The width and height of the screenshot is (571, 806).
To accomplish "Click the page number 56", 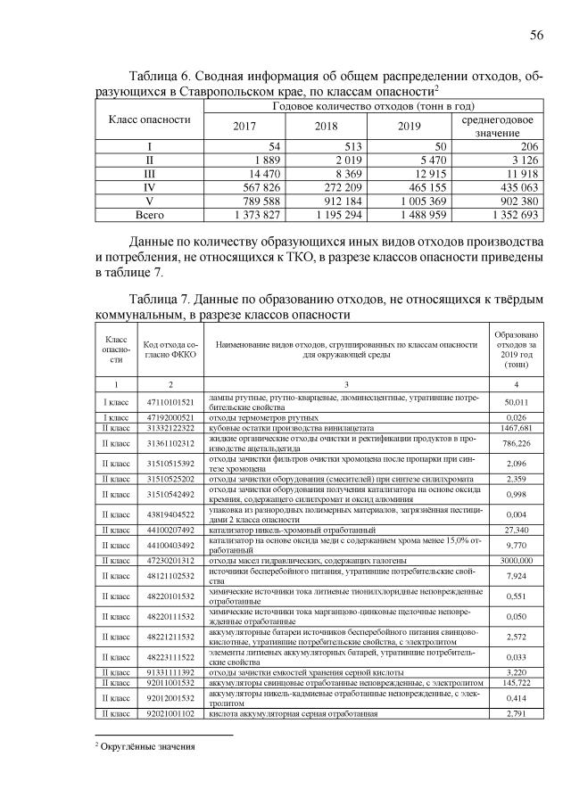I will tap(536, 35).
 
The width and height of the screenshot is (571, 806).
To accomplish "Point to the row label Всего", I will tap(150, 215).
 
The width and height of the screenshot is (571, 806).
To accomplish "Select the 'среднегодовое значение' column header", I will tap(497, 126).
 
